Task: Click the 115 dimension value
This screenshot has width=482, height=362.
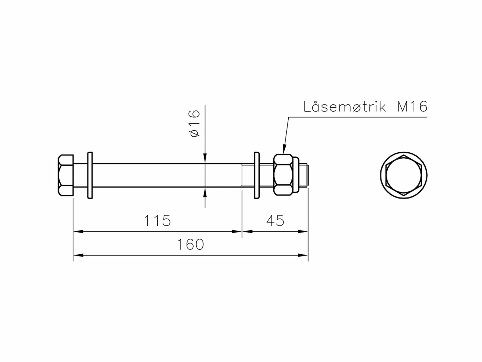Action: click(157, 221)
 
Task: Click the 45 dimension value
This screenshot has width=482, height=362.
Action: click(275, 221)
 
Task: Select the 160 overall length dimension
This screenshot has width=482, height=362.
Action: click(190, 244)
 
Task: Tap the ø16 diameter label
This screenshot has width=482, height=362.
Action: click(195, 124)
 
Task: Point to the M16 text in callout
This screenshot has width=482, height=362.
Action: click(412, 107)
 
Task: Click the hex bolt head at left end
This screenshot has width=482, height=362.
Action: click(66, 175)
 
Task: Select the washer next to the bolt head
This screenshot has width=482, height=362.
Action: click(90, 175)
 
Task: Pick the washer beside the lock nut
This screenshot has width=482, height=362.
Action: click(257, 175)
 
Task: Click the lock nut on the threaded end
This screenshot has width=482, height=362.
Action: click(283, 175)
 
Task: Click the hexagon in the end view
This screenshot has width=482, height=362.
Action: click(404, 176)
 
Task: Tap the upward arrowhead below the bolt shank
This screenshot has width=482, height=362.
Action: click(205, 192)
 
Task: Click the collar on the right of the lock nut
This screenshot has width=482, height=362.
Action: click(296, 175)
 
